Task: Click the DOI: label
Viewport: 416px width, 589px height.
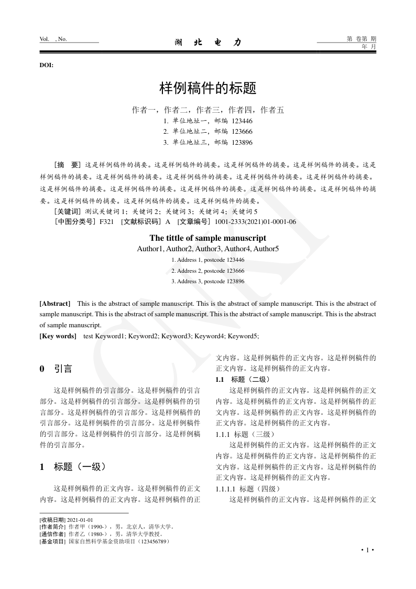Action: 46,65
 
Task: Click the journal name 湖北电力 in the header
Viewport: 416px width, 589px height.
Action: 207,42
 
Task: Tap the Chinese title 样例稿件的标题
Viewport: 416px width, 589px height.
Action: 207,88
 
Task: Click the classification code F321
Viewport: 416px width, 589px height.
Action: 106,222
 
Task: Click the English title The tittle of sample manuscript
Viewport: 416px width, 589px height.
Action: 207,238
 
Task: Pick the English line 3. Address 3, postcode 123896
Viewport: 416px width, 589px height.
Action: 207,282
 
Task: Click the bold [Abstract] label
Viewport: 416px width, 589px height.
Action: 55,304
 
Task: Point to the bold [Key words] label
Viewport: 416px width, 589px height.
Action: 58,336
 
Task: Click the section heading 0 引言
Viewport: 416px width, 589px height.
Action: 56,369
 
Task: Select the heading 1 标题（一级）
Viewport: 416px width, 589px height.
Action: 73,466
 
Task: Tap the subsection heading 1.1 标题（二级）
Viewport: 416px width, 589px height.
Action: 243,379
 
